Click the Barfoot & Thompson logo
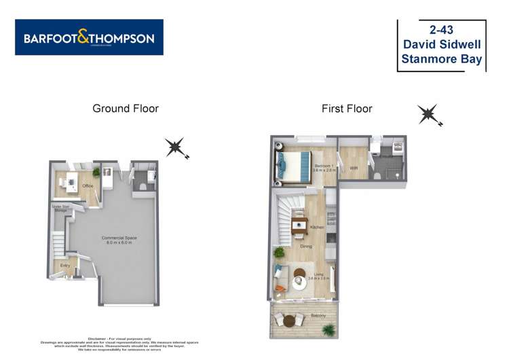click(89, 37)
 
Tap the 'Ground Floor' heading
click(126, 108)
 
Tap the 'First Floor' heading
click(347, 108)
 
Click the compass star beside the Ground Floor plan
click(176, 147)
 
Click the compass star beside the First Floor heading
click(429, 115)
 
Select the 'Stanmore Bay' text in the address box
click(441, 59)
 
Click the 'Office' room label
click(88, 185)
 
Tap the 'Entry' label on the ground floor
click(65, 266)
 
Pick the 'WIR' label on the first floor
click(354, 168)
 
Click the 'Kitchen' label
click(317, 227)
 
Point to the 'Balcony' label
click(318, 316)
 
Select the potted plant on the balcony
click(329, 330)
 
